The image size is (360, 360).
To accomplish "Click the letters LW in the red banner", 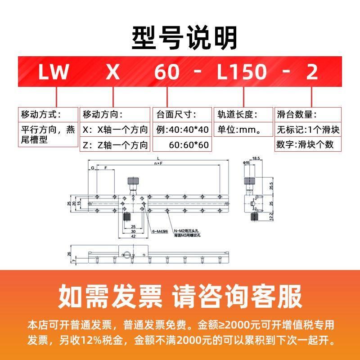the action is click(53, 72).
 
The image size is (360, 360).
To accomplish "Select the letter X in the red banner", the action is click(112, 72).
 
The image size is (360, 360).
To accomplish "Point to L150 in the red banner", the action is click(242, 72).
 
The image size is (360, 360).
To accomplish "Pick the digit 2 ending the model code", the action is click(312, 72).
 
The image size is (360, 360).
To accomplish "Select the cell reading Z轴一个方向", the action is click(115, 144).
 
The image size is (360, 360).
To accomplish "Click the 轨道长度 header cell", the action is click(238, 114).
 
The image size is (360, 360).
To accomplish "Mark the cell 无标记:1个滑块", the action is click(308, 130).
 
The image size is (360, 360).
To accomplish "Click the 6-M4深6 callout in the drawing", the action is click(160, 231).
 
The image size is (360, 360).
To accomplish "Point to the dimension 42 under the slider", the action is click(133, 235).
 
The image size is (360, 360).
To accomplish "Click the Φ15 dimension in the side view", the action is click(247, 162).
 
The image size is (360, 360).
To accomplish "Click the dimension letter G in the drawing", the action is click(93, 167).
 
